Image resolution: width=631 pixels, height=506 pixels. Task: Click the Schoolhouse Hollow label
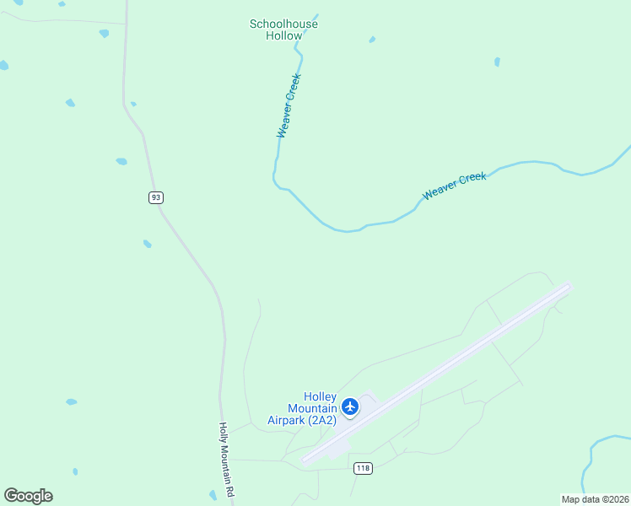[x=283, y=30]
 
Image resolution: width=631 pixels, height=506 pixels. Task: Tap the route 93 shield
[x=155, y=197]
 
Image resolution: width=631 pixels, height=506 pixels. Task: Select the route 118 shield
[x=363, y=469]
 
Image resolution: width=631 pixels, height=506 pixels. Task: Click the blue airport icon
[x=350, y=407]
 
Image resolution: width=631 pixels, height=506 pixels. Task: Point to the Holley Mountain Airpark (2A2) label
[x=302, y=408]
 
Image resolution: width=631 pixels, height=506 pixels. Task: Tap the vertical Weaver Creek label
[x=289, y=105]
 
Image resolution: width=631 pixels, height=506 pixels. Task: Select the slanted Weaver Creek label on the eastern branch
[x=455, y=186]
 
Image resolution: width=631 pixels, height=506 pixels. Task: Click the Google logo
[x=28, y=496]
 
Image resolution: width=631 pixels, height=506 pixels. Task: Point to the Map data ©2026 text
[x=595, y=498]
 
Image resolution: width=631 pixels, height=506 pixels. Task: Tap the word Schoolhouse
[x=283, y=24]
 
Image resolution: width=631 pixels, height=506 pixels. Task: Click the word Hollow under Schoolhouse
[x=283, y=36]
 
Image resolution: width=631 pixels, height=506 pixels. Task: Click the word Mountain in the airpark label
[x=301, y=408]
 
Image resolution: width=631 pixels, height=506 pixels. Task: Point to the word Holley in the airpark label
[x=320, y=397]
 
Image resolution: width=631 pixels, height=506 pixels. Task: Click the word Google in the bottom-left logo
[x=28, y=496]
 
